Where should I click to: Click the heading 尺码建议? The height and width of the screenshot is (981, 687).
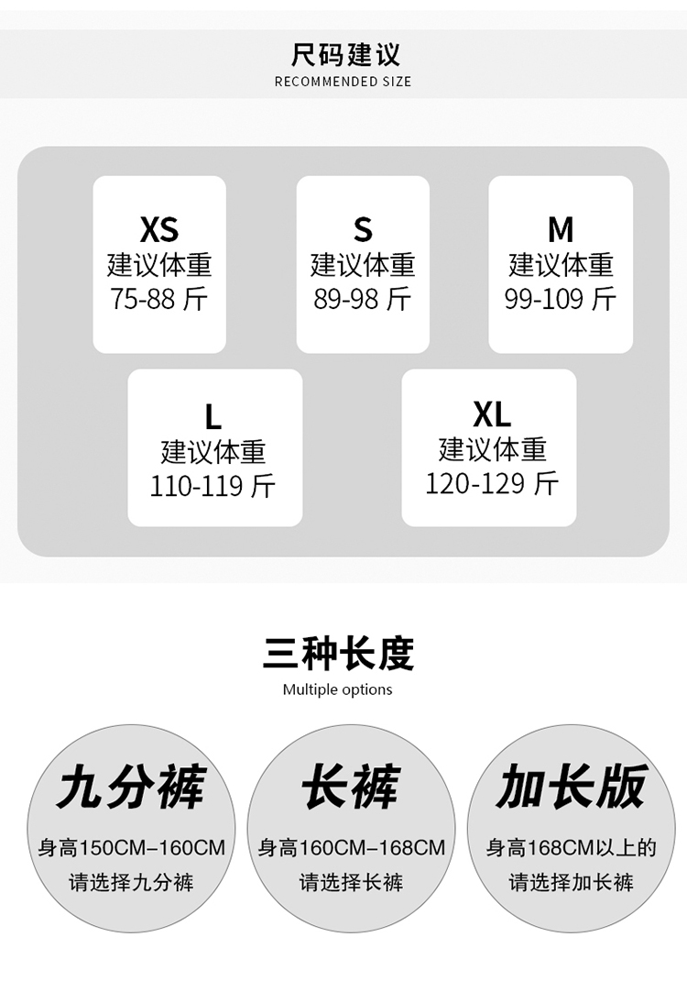tap(344, 54)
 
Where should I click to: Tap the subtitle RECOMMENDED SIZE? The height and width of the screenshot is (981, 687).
tap(343, 82)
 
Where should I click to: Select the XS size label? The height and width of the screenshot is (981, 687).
tap(159, 229)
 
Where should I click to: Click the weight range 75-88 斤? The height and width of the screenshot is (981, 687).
tap(159, 299)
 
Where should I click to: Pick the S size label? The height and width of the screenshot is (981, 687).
tap(363, 229)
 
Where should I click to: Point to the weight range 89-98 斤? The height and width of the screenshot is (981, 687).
tap(363, 299)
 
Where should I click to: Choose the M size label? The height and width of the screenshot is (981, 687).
tap(561, 229)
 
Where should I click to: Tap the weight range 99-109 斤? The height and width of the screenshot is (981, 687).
tap(561, 299)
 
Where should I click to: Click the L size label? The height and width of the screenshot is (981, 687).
tap(213, 416)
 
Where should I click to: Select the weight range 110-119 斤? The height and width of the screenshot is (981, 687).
tap(213, 486)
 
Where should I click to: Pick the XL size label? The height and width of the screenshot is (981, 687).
tap(492, 414)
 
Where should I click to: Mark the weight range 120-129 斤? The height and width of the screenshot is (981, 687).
tap(492, 483)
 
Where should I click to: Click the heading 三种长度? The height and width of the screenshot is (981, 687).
tap(338, 654)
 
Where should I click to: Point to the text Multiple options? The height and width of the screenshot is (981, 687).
tap(338, 689)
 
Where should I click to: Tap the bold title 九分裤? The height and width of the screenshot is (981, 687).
tap(131, 787)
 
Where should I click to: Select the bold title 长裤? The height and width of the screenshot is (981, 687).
tap(351, 787)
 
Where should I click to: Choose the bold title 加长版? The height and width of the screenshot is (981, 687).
tap(572, 787)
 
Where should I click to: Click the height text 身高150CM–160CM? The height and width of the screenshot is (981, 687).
tap(131, 848)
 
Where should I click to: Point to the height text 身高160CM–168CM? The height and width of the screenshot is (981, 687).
tap(352, 848)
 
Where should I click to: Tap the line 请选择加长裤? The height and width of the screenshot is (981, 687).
tap(572, 883)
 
